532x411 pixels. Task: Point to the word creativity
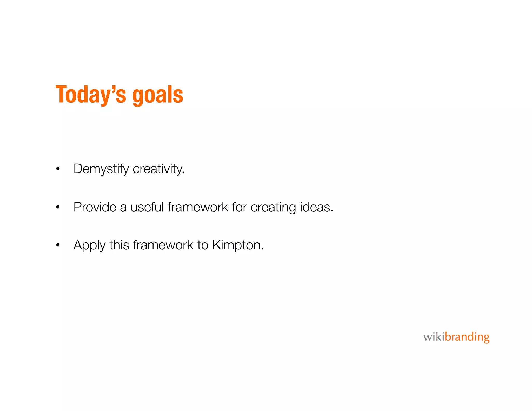tap(158, 169)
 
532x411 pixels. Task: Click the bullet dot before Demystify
tap(58, 169)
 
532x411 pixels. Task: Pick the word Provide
tap(95, 207)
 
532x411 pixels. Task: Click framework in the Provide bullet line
tap(198, 207)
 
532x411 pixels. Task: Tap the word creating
tap(273, 207)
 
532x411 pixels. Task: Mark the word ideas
tap(316, 207)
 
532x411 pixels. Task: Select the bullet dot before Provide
tap(58, 207)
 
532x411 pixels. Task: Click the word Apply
tap(90, 245)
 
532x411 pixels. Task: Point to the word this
tap(119, 245)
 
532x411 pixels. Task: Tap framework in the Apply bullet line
tap(163, 245)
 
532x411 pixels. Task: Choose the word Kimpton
tap(238, 245)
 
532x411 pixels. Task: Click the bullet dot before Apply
tap(58, 245)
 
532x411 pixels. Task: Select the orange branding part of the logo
tap(467, 337)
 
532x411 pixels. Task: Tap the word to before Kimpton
tap(203, 245)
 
